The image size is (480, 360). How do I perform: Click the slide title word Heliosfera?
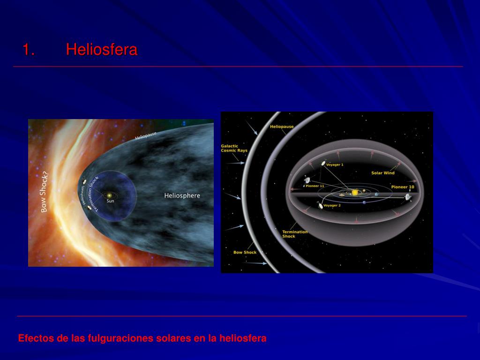pos(101,49)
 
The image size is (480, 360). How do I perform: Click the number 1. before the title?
pos(29,49)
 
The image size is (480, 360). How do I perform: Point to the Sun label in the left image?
pos(110,201)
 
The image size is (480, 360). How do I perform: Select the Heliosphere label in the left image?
pos(182,195)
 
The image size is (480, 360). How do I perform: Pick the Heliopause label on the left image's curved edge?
pos(146,135)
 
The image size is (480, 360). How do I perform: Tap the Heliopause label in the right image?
pos(282,127)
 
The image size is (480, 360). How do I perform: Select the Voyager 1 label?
pos(335,165)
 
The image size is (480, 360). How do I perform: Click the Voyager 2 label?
pos(332,205)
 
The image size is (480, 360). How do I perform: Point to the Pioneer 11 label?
pos(315,186)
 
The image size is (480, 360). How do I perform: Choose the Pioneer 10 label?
pos(403,187)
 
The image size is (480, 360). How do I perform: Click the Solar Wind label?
pos(383,173)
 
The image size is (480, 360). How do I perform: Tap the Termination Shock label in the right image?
pos(295,234)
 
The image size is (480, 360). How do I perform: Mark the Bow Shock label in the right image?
pos(245,253)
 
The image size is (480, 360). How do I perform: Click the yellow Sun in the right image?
pos(355,192)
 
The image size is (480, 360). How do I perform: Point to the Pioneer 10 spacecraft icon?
pos(408,196)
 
